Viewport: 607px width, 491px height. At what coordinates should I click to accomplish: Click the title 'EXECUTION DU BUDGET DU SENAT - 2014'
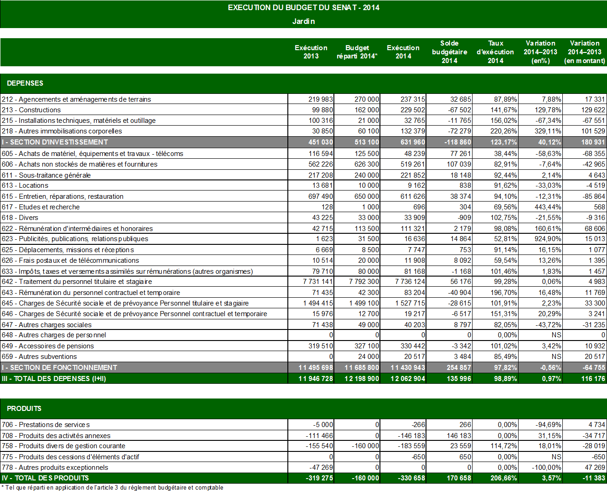click(303, 7)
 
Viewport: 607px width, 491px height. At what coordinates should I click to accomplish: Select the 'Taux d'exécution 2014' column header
click(495, 52)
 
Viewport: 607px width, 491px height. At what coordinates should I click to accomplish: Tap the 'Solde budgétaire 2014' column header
click(449, 52)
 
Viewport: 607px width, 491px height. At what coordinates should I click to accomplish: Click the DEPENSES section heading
click(25, 83)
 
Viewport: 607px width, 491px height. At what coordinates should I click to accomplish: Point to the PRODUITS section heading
click(24, 409)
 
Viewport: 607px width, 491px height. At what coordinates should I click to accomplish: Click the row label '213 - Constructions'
click(31, 110)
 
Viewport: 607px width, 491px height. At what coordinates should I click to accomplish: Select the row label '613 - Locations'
click(25, 185)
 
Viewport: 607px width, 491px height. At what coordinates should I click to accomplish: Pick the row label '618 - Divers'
click(20, 218)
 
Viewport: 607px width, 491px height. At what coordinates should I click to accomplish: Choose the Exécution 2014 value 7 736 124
click(410, 282)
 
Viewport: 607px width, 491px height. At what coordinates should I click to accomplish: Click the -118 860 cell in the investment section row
click(458, 142)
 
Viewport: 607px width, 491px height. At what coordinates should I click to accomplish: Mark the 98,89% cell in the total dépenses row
click(505, 379)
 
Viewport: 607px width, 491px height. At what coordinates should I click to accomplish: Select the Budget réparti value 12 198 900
click(362, 379)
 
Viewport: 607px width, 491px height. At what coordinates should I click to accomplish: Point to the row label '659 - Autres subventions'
click(40, 357)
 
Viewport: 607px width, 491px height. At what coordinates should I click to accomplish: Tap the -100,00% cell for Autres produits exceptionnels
click(547, 468)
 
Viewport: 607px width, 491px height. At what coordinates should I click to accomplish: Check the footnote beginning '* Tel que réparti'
click(112, 488)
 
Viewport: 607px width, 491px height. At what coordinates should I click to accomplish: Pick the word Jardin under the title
click(303, 21)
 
